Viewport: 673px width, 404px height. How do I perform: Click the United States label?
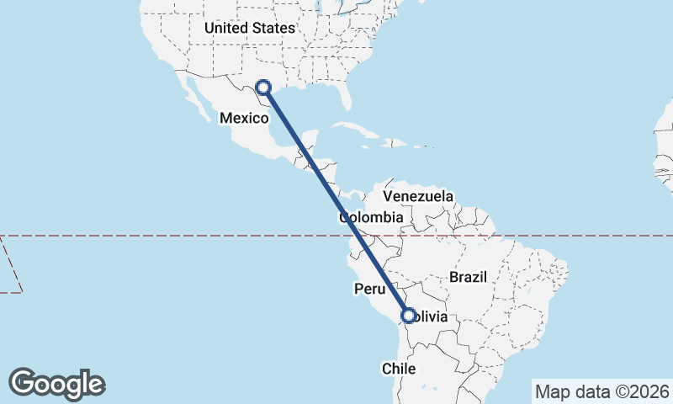tap(249, 29)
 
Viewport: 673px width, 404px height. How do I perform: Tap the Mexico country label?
tap(244, 119)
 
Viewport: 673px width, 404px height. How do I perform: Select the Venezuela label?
tap(418, 196)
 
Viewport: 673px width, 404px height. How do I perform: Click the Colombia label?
tap(371, 217)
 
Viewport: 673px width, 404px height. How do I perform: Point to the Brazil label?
tap(469, 277)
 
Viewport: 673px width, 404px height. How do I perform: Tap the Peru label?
tap(368, 289)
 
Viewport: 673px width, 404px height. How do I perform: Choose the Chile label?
tap(399, 369)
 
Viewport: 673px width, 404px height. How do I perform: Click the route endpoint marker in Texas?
tap(262, 87)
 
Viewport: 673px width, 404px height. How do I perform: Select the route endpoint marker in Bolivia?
tap(409, 316)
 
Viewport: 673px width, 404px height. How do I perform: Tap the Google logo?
tap(57, 384)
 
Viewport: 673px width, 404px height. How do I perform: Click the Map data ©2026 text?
tap(601, 391)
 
